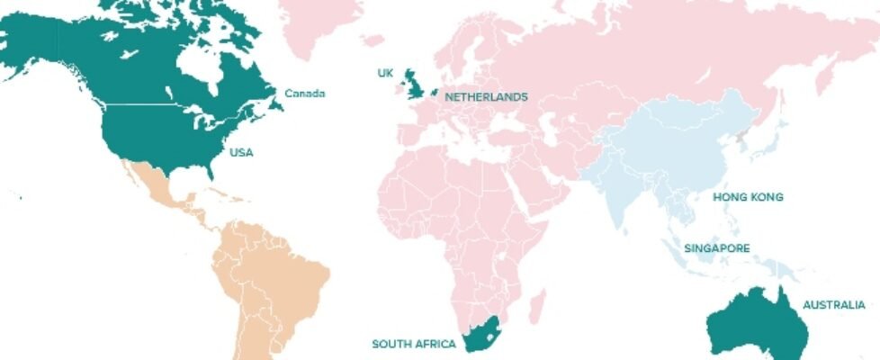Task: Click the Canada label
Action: tap(304, 94)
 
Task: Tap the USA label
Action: tap(241, 152)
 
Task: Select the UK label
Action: tap(384, 72)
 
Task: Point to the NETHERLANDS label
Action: tap(486, 96)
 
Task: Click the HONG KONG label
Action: tap(748, 196)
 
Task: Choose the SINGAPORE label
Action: tap(717, 247)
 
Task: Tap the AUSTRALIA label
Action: tap(834, 305)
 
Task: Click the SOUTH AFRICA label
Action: tap(414, 344)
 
